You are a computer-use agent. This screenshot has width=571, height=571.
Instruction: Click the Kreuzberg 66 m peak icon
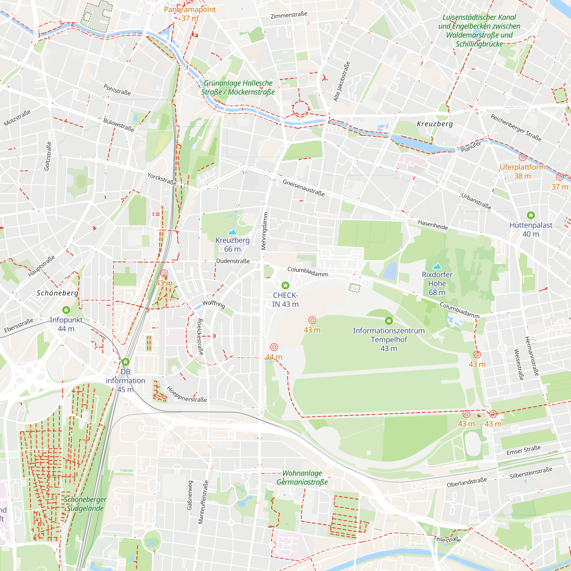point(232,232)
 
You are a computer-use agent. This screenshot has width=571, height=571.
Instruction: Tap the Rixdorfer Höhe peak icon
point(437,266)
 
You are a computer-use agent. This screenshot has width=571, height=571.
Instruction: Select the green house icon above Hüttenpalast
point(531,215)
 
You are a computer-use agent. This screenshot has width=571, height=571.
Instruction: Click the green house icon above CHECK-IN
point(285,285)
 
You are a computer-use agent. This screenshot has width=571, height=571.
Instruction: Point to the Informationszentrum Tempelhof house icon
point(389,321)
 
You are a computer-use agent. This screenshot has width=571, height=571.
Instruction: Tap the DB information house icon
point(125,362)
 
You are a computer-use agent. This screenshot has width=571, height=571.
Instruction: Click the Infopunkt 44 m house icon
point(66,310)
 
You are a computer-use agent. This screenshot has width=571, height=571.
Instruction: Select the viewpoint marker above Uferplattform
point(522,157)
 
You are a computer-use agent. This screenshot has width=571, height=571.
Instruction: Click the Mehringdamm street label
point(265,231)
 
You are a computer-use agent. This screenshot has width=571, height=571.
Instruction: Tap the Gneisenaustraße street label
point(303,188)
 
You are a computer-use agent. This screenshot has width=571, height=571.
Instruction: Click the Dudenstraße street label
point(233,261)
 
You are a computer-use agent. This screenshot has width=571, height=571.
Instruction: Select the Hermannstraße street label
point(532,356)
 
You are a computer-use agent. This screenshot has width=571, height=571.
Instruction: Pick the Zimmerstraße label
point(289,15)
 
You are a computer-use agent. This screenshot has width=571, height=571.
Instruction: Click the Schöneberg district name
point(58,293)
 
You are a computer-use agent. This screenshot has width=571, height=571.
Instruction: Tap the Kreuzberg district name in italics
point(435,124)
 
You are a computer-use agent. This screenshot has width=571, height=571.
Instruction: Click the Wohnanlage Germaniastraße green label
point(302,478)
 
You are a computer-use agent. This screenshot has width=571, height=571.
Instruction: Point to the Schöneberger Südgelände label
point(85,504)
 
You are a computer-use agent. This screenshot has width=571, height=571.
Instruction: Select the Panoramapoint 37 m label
point(190,14)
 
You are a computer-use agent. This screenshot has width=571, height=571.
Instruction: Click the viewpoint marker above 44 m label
point(274,347)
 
